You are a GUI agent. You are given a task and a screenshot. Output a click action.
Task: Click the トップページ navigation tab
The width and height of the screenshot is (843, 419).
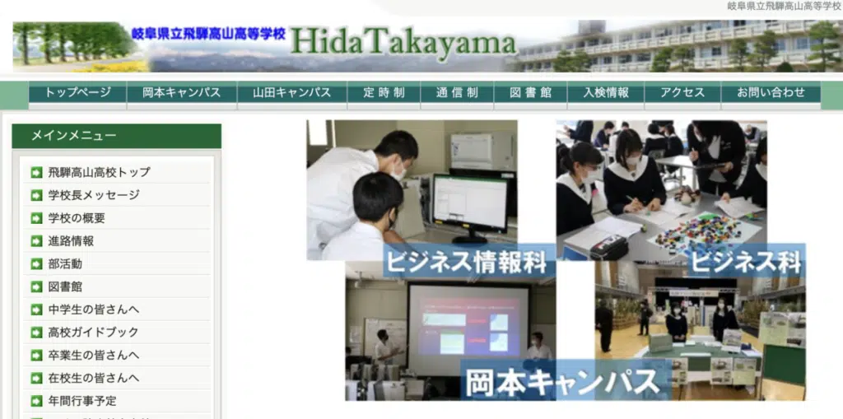click(x=77, y=92)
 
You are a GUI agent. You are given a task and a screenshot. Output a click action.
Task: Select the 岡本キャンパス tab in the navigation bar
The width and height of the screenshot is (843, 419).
click(x=182, y=92)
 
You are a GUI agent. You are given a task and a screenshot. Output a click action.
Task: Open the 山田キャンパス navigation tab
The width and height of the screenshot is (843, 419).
click(x=292, y=92)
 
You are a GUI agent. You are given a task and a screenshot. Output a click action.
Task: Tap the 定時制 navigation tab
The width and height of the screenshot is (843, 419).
click(x=384, y=92)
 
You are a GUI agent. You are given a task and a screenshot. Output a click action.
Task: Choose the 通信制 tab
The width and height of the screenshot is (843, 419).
click(x=457, y=92)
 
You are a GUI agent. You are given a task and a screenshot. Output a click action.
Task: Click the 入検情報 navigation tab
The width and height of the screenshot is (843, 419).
click(x=606, y=92)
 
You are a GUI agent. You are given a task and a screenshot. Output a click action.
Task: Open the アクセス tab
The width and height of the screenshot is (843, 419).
click(x=682, y=92)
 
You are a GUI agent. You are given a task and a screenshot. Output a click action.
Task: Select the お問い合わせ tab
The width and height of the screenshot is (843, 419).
click(x=771, y=92)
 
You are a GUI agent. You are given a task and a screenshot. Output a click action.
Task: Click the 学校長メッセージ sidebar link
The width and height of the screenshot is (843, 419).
click(x=94, y=195)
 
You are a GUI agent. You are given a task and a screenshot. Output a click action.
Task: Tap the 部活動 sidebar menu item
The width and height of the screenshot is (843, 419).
click(x=65, y=264)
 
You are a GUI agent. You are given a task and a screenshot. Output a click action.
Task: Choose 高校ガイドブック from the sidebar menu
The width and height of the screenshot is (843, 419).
click(x=93, y=333)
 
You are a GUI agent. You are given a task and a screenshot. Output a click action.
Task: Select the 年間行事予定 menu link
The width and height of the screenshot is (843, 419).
click(x=82, y=401)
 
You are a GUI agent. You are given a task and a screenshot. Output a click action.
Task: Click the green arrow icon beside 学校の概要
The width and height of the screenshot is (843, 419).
click(x=36, y=218)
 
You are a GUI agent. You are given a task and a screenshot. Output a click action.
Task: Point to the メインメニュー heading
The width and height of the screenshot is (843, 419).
click(x=73, y=136)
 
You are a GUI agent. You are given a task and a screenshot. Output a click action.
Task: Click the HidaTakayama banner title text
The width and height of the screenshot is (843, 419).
click(x=403, y=43)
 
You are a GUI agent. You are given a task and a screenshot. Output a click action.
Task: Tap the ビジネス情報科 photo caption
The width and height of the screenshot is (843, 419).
click(x=466, y=263)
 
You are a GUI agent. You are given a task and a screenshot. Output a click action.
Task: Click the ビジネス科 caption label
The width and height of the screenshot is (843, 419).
click(x=746, y=262)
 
